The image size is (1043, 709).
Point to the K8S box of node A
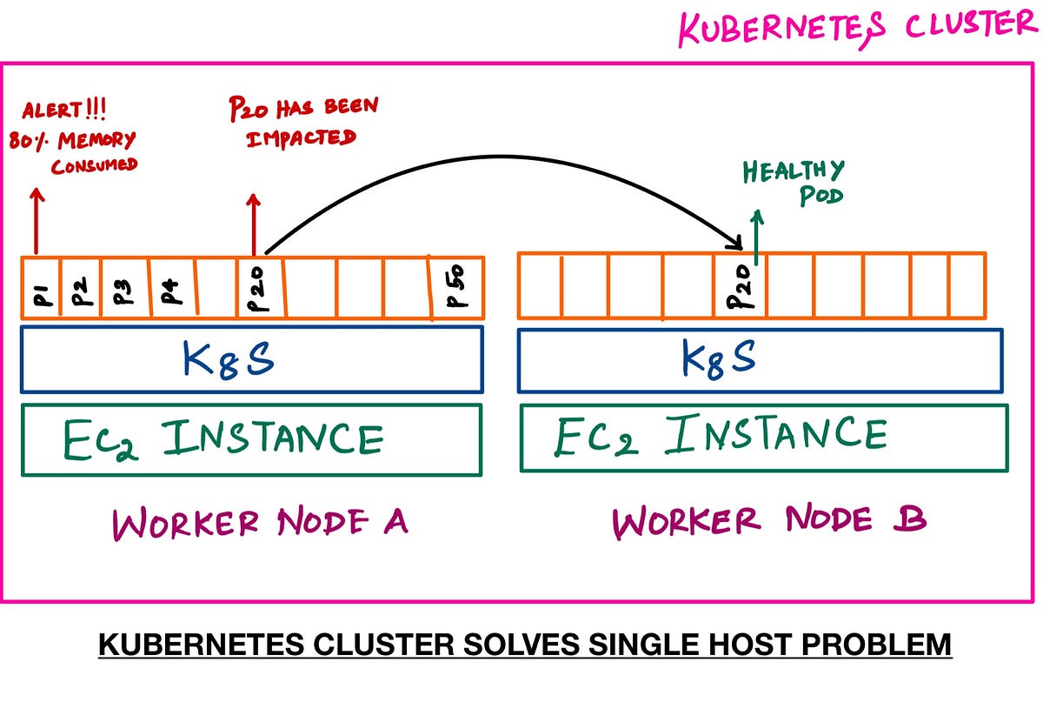click(x=251, y=359)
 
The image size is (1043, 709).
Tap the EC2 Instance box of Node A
click(x=251, y=439)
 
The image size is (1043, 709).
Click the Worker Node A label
click(x=260, y=524)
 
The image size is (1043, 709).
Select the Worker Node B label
click(x=769, y=521)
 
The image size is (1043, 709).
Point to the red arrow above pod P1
click(x=35, y=221)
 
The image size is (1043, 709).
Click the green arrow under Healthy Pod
click(x=757, y=235)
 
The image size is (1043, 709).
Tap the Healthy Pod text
click(x=793, y=182)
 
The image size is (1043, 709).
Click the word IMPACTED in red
click(x=301, y=138)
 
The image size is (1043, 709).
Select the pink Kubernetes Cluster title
click(x=856, y=28)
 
